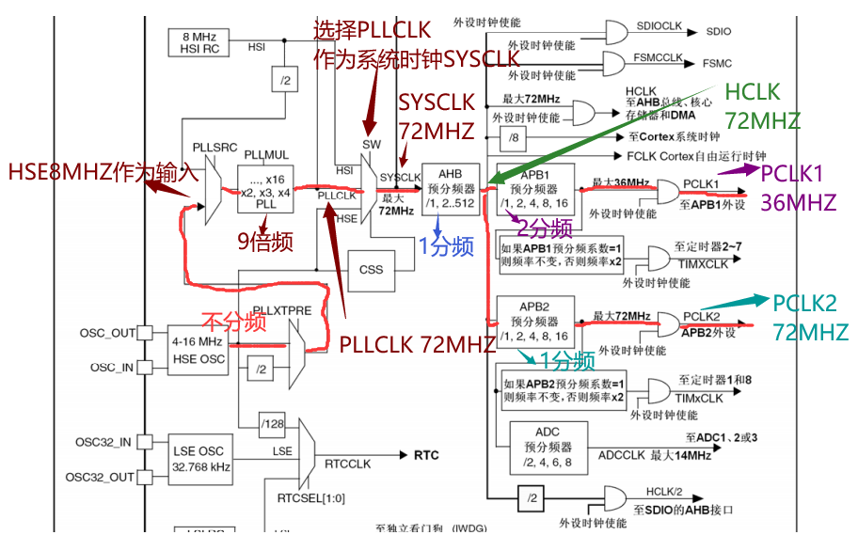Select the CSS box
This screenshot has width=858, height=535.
(372, 269)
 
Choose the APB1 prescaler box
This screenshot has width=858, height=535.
(535, 191)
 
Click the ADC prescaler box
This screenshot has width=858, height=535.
(548, 446)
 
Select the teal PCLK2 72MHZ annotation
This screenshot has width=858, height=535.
(810, 317)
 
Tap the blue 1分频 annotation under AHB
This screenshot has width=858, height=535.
(446, 246)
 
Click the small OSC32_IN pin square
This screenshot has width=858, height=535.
(145, 442)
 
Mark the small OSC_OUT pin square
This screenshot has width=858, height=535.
(145, 332)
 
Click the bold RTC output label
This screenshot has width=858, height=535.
(425, 455)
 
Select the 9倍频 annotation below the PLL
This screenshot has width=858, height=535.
(265, 242)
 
